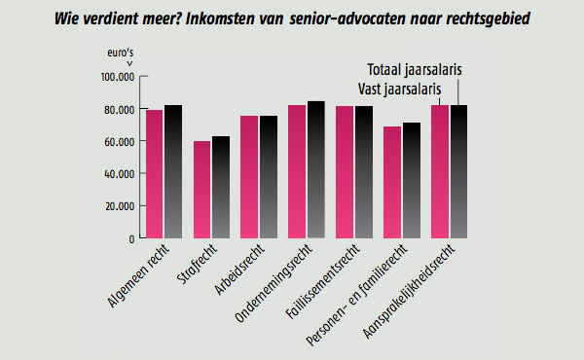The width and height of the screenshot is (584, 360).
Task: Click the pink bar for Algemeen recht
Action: [x=154, y=174]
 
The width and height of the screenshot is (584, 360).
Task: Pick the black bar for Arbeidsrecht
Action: [x=269, y=177]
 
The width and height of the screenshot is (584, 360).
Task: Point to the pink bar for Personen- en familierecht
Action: [x=392, y=182]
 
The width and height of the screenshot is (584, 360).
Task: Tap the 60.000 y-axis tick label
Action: [x=119, y=142]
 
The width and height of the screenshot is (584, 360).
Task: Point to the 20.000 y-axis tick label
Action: [x=119, y=206]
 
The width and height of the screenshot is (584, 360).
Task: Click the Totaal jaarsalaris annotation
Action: [x=415, y=70]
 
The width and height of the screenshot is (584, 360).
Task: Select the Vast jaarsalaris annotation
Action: [x=399, y=90]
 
